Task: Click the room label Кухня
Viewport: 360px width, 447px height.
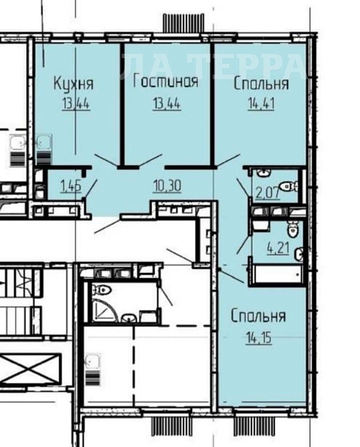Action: coord(72,83)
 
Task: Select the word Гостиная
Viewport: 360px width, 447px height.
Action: coord(165,82)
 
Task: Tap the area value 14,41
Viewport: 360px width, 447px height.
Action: coord(260,104)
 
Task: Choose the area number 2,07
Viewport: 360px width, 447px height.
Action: coord(266,194)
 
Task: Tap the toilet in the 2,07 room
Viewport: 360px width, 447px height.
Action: coord(285,187)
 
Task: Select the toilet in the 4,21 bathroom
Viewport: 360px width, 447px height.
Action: coord(296,230)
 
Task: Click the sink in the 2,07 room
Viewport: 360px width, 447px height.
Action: coord(262,174)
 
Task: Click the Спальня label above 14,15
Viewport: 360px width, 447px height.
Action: coord(257,317)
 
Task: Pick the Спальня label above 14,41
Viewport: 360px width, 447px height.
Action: coord(261,83)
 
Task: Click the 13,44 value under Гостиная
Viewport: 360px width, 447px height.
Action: coord(165,104)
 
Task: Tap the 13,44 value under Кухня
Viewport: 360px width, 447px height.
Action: coord(72,104)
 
